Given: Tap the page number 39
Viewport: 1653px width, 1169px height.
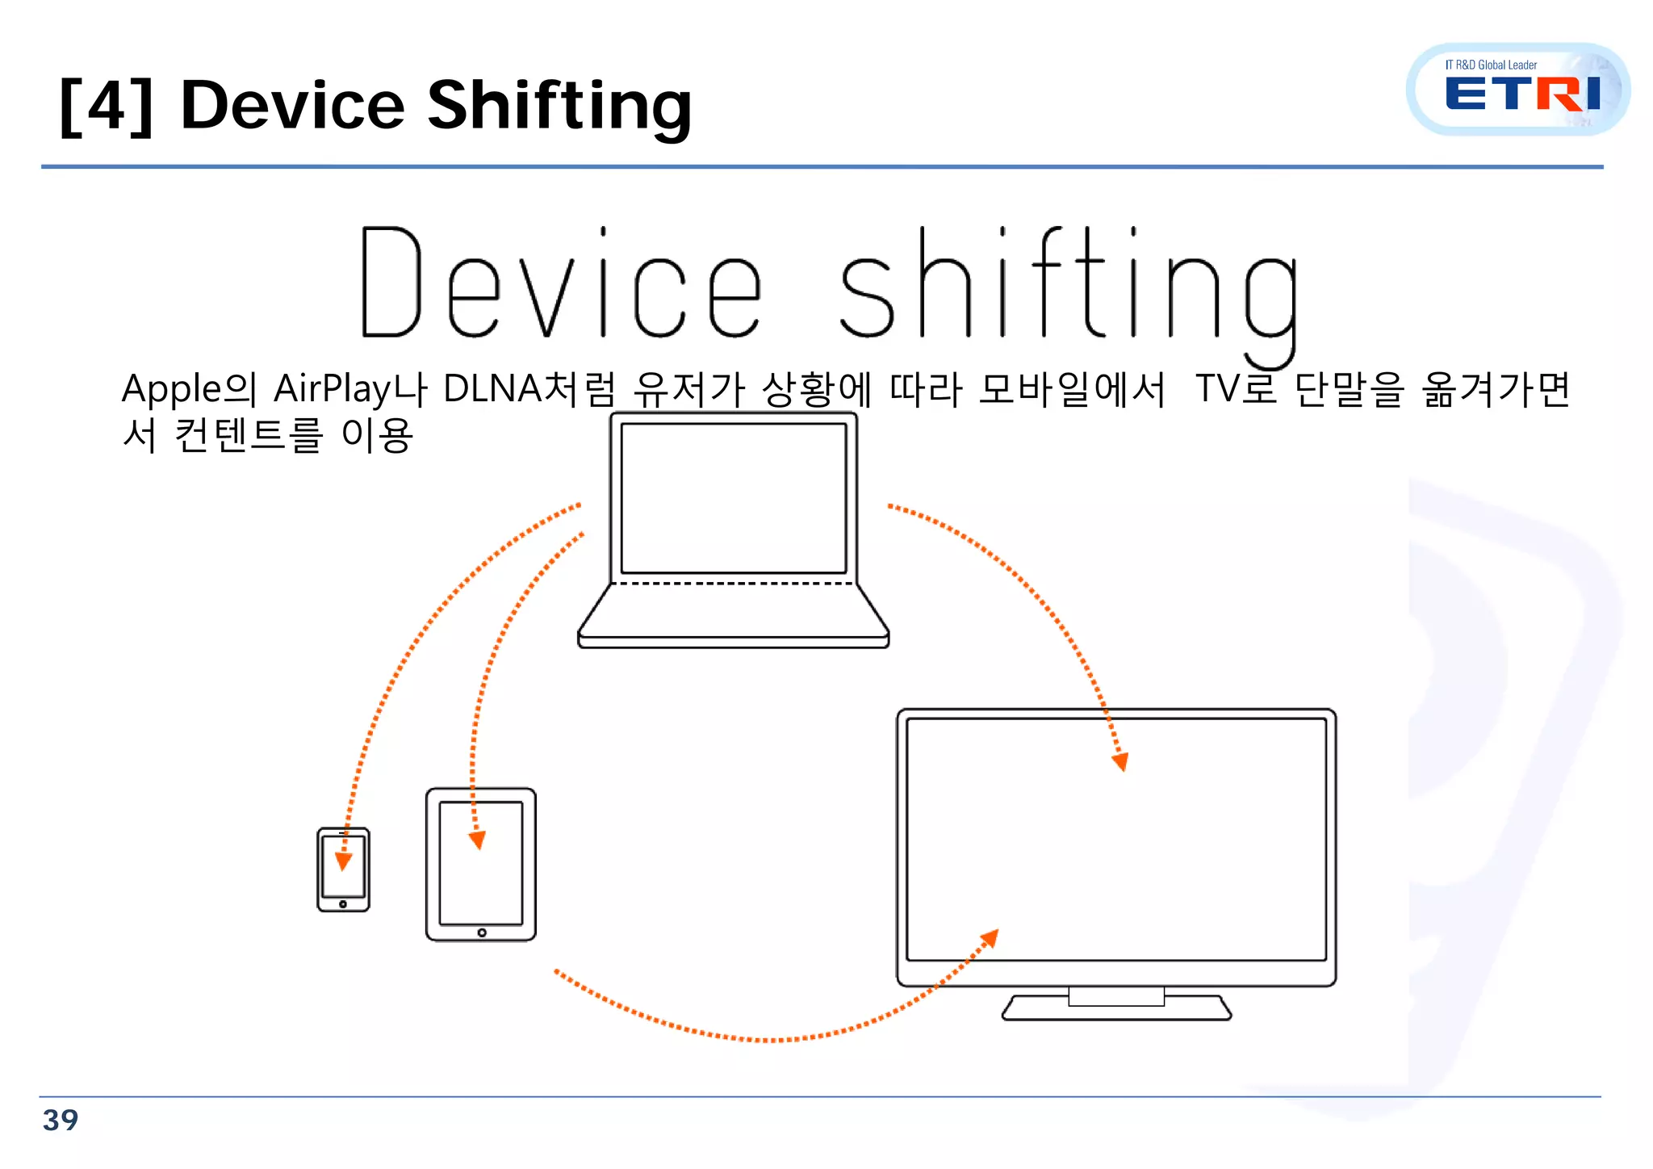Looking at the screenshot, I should point(61,1120).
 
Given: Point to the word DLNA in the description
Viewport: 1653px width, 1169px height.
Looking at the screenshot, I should point(492,389).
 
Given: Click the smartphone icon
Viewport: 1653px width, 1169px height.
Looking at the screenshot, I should point(343,869).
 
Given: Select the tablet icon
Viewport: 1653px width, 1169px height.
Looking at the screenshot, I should point(481,865).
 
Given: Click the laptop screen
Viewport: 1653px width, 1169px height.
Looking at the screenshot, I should point(733,498).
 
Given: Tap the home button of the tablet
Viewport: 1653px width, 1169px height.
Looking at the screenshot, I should point(482,932).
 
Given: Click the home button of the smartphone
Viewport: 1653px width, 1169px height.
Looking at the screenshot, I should point(343,904).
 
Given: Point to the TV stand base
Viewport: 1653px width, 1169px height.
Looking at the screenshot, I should point(1116,1008).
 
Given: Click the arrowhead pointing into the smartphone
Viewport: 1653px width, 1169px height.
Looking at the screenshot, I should point(343,861).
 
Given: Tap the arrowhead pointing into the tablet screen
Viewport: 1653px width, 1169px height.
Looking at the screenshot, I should point(478,840).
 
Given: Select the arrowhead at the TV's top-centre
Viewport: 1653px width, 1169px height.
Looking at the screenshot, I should point(1120,762).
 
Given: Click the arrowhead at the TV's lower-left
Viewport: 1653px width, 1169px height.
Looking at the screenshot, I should point(990,938).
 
